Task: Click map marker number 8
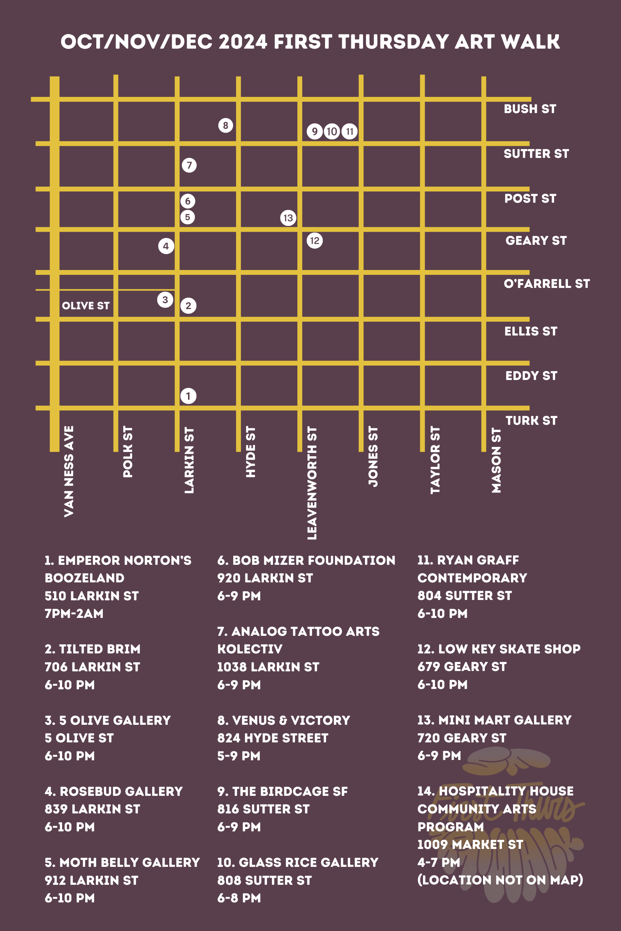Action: tap(225, 126)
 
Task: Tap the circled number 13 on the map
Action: tap(288, 218)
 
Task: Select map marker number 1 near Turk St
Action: tap(188, 396)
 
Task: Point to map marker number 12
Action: tap(314, 241)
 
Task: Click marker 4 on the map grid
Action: tap(166, 246)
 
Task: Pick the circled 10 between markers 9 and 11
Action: tap(332, 131)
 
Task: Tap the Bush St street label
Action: tap(530, 109)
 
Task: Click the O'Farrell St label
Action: tap(546, 283)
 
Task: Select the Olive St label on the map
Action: tap(86, 306)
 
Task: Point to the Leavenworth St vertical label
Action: tap(312, 483)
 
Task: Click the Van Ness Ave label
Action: tap(69, 471)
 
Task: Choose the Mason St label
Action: tap(496, 460)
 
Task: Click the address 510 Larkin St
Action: tap(91, 596)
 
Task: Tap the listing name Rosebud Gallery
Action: tap(121, 791)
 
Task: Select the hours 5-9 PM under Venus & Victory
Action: tap(239, 755)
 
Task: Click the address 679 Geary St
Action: tap(462, 667)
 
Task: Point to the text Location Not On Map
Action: tap(500, 880)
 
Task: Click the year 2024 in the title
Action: tap(243, 42)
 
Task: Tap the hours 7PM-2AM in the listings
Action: tap(74, 613)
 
